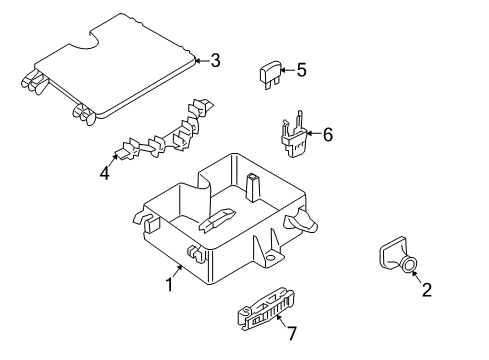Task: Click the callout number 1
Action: (170, 285)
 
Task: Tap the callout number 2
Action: (427, 290)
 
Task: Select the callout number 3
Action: (215, 61)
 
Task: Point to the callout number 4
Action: (105, 173)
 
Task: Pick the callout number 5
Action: (301, 70)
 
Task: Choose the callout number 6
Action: (328, 135)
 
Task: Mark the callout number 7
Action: (291, 333)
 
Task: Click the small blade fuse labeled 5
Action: (270, 75)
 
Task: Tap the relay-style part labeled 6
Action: (294, 136)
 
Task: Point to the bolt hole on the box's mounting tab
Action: (271, 257)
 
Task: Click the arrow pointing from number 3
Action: (202, 61)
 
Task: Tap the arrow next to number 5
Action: (288, 70)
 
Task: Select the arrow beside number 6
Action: (314, 134)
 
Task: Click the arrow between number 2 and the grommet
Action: (417, 277)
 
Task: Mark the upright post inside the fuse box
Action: (252, 188)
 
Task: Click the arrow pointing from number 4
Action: (113, 160)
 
